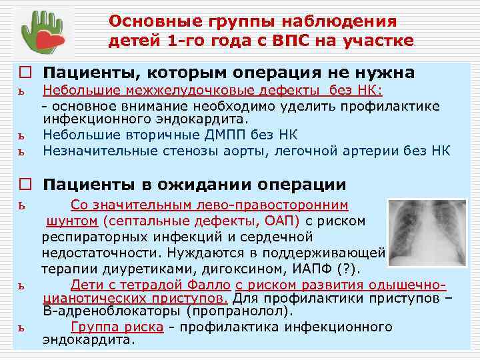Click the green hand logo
coord(41,33)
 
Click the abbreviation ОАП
coord(287,220)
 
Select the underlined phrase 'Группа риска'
coord(117,327)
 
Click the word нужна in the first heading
coord(384,72)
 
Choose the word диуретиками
coord(150,269)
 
